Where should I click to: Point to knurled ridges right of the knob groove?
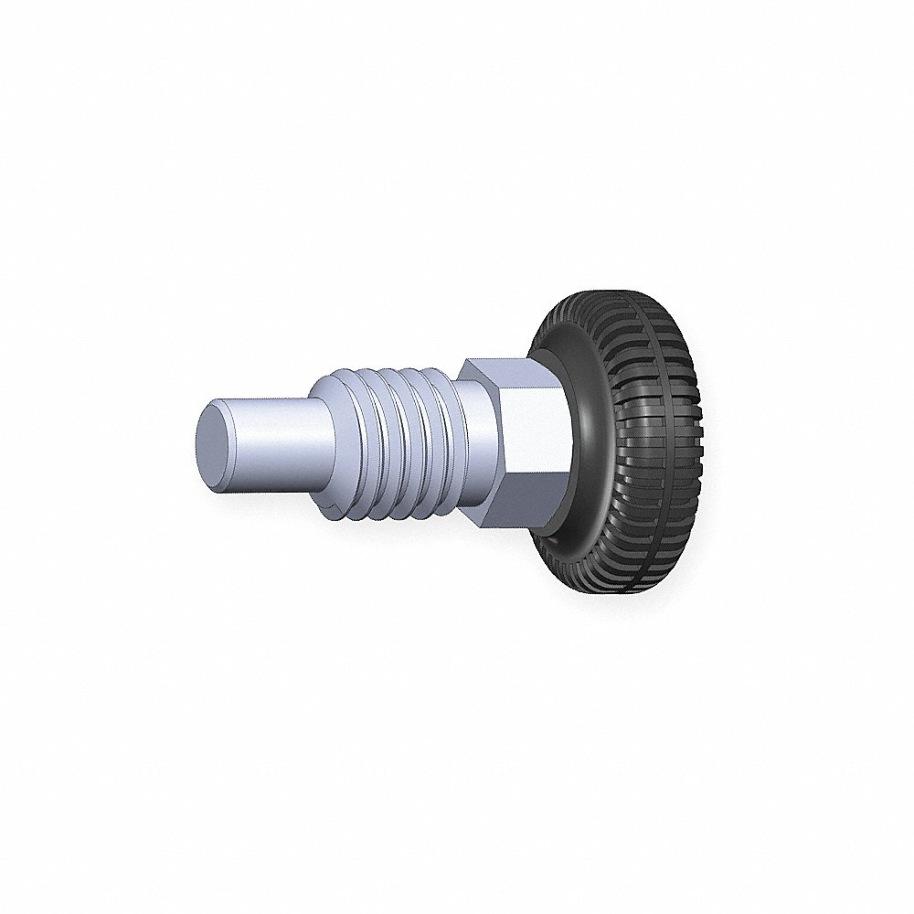coord(681,430)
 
